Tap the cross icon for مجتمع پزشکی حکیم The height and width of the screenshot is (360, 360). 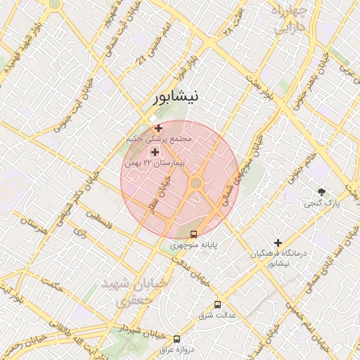pyautogui.click(x=158, y=128)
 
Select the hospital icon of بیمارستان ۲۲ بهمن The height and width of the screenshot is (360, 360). pyautogui.click(x=155, y=151)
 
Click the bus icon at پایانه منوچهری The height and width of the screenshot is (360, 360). pyautogui.click(x=194, y=234)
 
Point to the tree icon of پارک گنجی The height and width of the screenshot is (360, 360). pyautogui.click(x=322, y=191)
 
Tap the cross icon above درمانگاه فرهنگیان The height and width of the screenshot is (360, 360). pyautogui.click(x=278, y=243)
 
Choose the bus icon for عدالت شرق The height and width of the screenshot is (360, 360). pyautogui.click(x=217, y=305)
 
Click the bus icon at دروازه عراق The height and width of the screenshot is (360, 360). pyautogui.click(x=176, y=339)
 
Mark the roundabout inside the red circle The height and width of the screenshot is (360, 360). pyautogui.click(x=196, y=184)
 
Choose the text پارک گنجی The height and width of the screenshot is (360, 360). pyautogui.click(x=322, y=203)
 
